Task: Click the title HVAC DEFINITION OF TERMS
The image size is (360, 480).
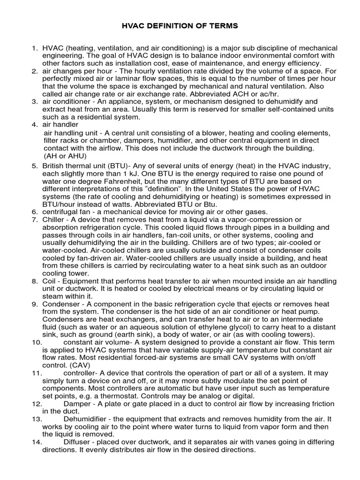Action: (180, 26)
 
